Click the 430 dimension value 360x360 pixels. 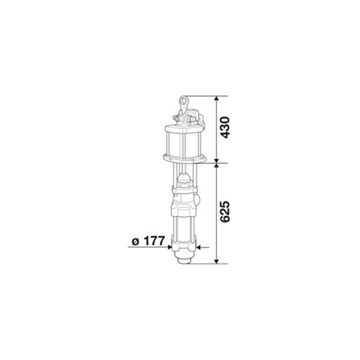[225, 127]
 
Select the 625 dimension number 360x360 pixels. [225, 212]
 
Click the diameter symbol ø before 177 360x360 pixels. [135, 242]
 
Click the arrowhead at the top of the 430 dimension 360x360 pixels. [217, 99]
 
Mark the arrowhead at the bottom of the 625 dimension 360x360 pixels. [217, 261]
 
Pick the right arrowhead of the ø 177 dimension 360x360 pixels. [199, 247]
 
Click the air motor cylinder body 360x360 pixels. [184, 144]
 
